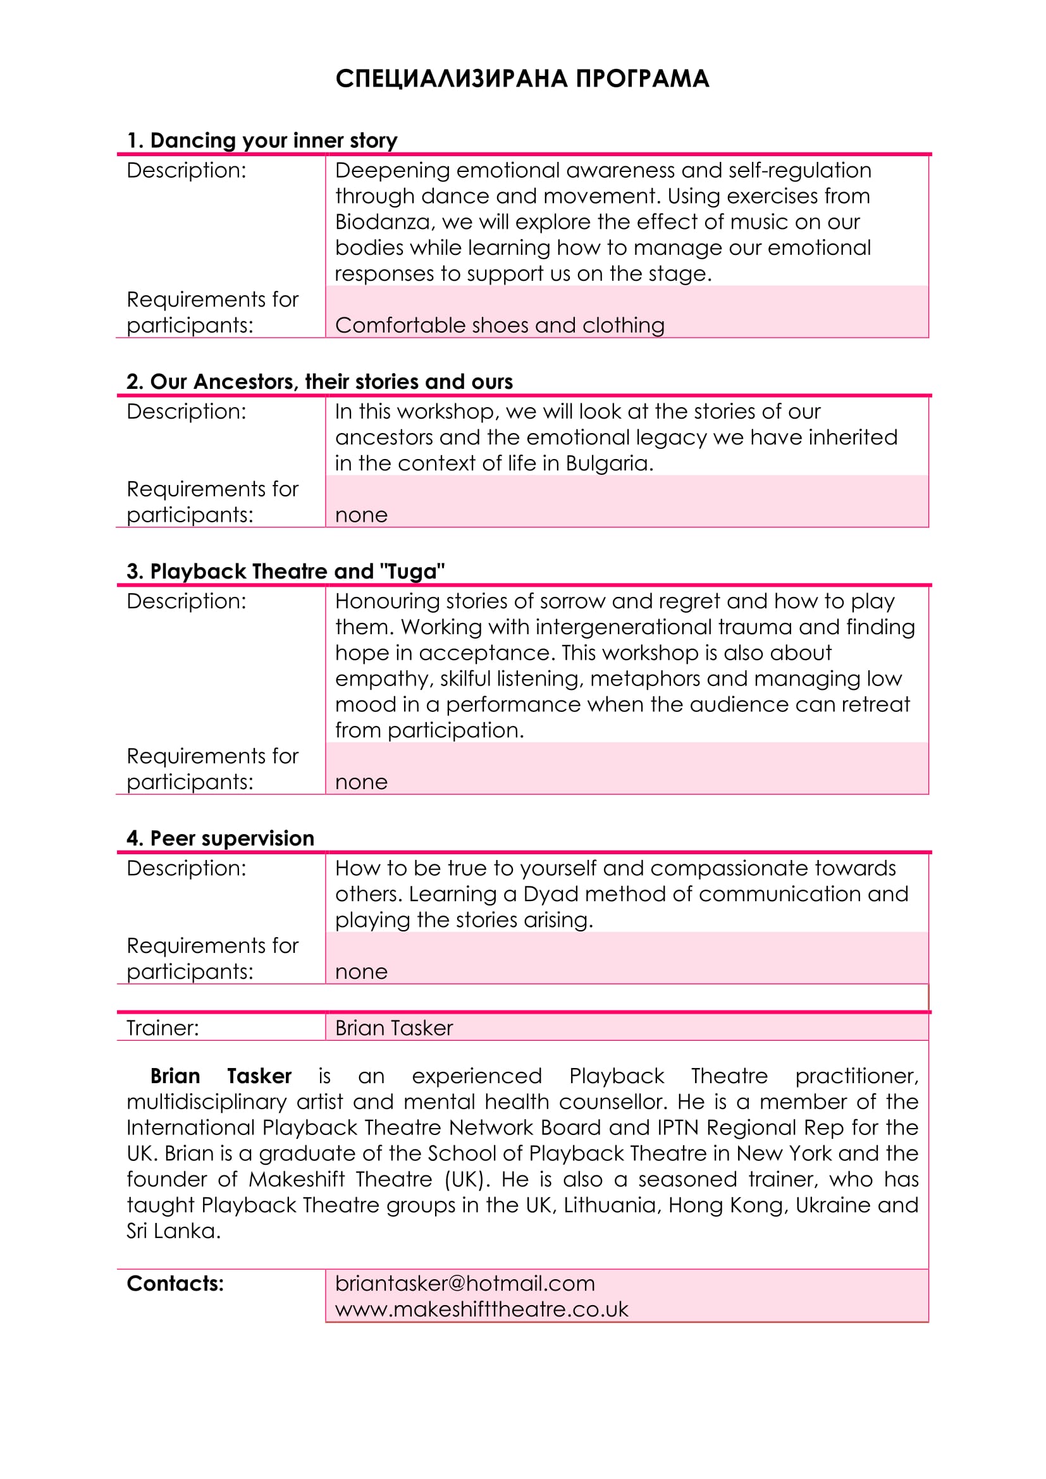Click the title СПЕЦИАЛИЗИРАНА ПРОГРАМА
tap(522, 78)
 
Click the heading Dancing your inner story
tap(262, 140)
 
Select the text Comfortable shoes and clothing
tap(499, 325)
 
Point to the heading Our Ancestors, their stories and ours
tap(319, 381)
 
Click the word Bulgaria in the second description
tap(608, 463)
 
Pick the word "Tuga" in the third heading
tap(412, 572)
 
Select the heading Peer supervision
tap(220, 838)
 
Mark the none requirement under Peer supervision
tap(360, 971)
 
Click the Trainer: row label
tap(163, 1028)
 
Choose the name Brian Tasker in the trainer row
tap(393, 1028)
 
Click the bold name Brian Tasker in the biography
tap(220, 1076)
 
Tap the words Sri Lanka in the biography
tap(173, 1230)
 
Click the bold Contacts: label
tap(175, 1283)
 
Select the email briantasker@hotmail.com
tap(464, 1283)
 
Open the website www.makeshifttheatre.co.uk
tap(481, 1309)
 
